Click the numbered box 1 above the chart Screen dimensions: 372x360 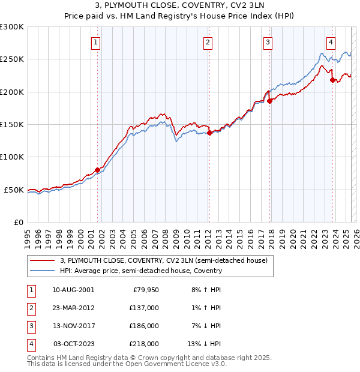(97, 42)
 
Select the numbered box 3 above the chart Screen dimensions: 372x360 (268, 42)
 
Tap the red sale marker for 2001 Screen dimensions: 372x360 (97, 170)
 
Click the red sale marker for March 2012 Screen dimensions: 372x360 (209, 133)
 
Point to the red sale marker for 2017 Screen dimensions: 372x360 (269, 101)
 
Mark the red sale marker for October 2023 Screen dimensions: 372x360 (332, 80)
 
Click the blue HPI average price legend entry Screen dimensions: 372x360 (141, 271)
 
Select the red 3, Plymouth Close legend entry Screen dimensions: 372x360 (167, 260)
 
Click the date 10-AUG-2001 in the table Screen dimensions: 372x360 (73, 290)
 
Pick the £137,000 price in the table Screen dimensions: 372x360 (145, 308)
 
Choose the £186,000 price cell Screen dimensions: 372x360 (145, 326)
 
